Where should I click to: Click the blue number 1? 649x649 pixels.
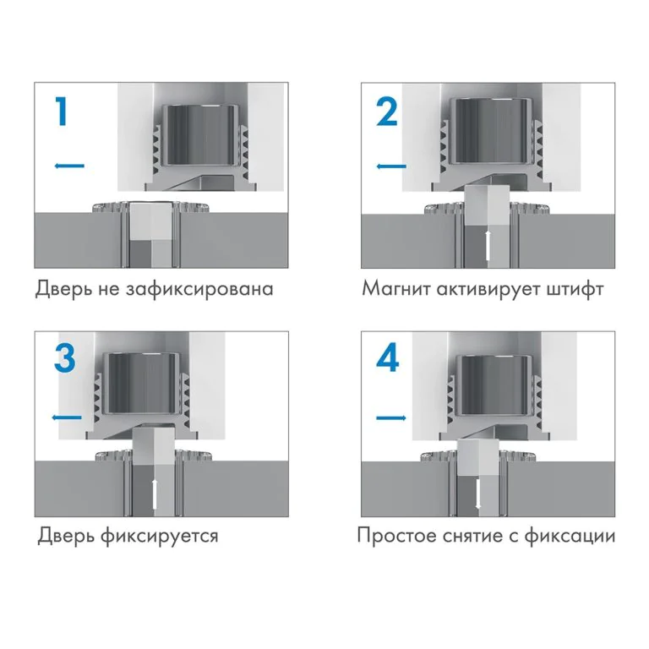click(59, 112)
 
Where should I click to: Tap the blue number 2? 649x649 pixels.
click(386, 112)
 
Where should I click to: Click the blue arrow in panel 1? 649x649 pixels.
click(69, 166)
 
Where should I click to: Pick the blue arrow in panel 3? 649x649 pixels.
click(67, 417)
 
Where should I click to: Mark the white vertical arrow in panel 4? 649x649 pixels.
click(478, 494)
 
